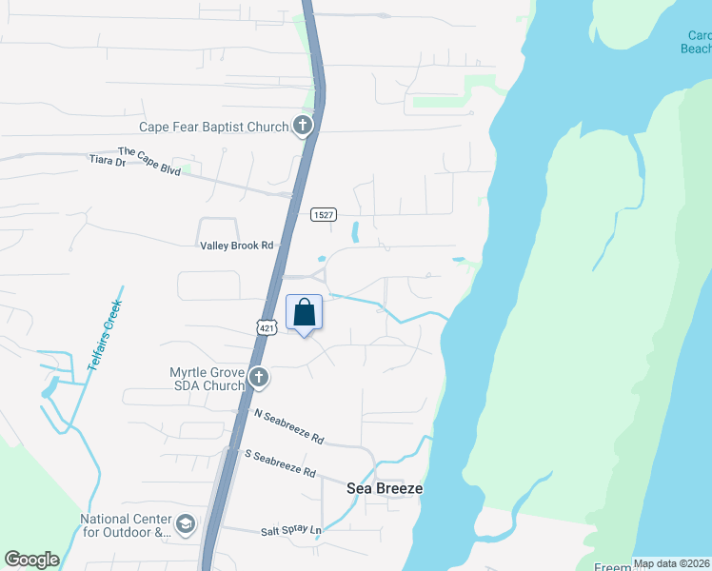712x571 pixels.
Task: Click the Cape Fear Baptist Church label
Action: pyautogui.click(x=213, y=127)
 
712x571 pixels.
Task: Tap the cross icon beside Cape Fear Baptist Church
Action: pyautogui.click(x=303, y=125)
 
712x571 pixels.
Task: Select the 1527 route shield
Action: pyautogui.click(x=324, y=215)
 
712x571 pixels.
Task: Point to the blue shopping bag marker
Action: pyautogui.click(x=305, y=313)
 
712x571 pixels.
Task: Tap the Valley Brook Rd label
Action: pyautogui.click(x=236, y=246)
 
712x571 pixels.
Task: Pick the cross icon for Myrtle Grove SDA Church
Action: pyautogui.click(x=258, y=379)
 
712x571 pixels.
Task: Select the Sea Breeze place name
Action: pyautogui.click(x=385, y=487)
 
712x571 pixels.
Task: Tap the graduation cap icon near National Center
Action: pyautogui.click(x=186, y=523)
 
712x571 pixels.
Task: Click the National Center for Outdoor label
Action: pyautogui.click(x=125, y=526)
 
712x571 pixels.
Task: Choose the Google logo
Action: pyautogui.click(x=31, y=560)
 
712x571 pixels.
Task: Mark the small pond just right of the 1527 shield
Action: pyautogui.click(x=355, y=230)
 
